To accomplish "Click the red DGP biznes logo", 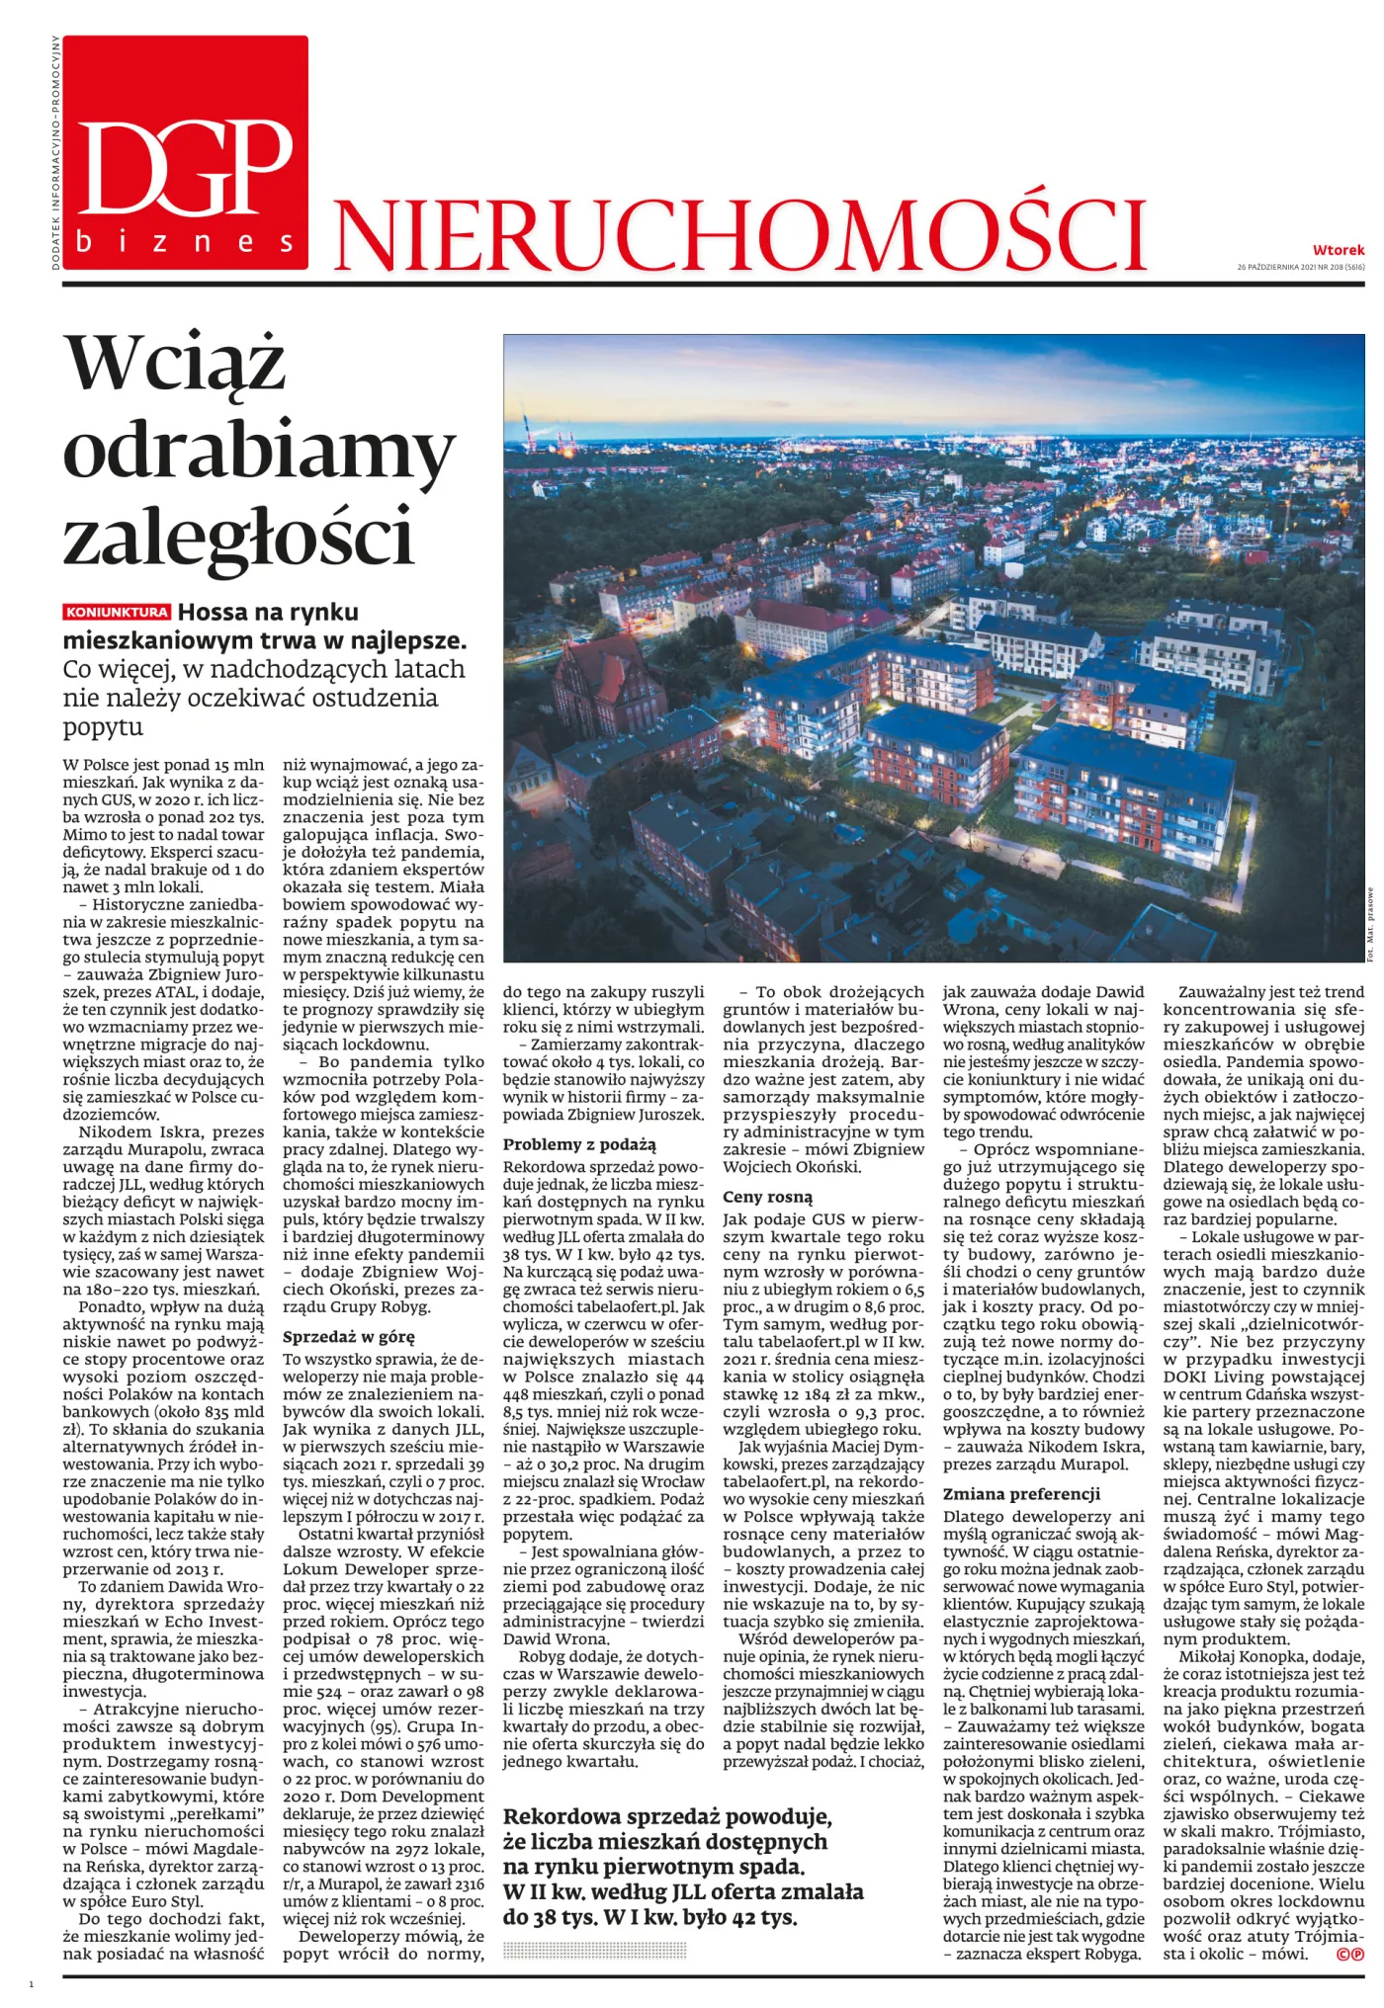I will [x=185, y=153].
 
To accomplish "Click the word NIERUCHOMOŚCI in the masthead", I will [x=739, y=234].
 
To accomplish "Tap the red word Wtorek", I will [x=1338, y=250].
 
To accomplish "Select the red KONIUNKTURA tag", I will [x=118, y=612].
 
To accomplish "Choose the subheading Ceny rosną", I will [x=767, y=1197].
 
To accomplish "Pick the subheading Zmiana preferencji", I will [x=1021, y=1494].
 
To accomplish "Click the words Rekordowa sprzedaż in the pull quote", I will [x=610, y=1817].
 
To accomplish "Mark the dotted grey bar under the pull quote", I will [x=594, y=1950].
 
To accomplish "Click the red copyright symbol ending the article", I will [x=1349, y=1954].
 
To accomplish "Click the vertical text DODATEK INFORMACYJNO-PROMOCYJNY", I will [x=55, y=153].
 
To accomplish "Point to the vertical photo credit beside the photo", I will [x=1371, y=924].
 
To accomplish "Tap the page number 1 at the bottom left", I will [x=32, y=1983].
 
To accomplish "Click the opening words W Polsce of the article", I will [x=98, y=765].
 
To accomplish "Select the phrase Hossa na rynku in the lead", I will [x=268, y=613].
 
